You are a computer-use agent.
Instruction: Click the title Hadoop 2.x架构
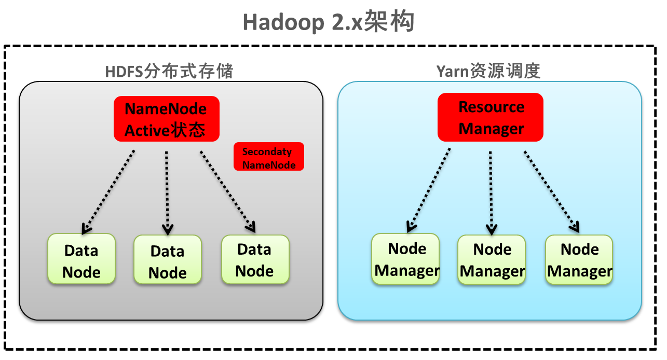(329, 22)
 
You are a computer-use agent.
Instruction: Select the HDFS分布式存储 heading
(169, 71)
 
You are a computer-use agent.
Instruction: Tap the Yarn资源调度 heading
(488, 71)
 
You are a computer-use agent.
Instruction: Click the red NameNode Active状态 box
(166, 119)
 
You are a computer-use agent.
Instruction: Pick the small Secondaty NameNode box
(268, 157)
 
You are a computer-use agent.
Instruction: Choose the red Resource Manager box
(491, 117)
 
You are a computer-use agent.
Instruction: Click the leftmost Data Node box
(81, 259)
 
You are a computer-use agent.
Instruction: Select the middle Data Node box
(167, 260)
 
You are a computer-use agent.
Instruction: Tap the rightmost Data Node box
(255, 259)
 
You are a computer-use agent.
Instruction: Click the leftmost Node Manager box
(405, 259)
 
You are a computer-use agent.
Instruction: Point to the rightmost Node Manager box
(579, 259)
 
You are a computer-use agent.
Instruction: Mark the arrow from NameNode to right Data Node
(227, 191)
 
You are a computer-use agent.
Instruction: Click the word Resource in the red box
(491, 107)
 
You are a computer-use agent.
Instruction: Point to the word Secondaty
(267, 152)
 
